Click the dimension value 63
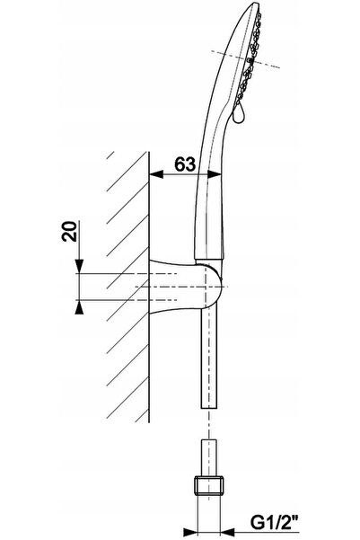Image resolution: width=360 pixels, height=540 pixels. (x=185, y=164)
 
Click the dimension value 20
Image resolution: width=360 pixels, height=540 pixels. (x=69, y=231)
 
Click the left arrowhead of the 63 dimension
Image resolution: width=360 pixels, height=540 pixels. (x=156, y=174)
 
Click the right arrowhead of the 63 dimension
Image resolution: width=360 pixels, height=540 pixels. (x=215, y=174)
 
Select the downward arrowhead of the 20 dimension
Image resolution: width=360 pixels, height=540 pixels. (x=80, y=266)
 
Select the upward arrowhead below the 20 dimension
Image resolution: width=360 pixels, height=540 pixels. (x=80, y=306)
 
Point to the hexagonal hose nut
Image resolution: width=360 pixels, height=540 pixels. (x=209, y=485)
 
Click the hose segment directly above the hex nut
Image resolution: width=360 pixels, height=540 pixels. (x=209, y=457)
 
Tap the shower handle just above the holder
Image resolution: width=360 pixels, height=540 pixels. (x=209, y=224)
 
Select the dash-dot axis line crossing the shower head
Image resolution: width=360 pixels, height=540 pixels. (x=245, y=59)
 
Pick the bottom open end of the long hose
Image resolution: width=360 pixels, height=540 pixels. (x=209, y=408)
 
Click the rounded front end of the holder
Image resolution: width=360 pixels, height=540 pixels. (x=218, y=287)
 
